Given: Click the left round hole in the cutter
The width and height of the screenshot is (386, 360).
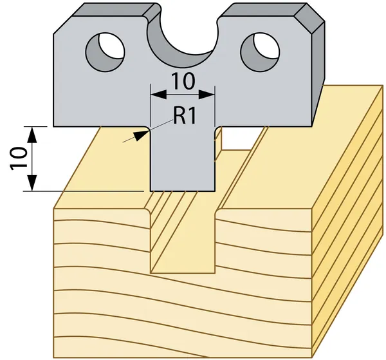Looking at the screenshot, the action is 105,52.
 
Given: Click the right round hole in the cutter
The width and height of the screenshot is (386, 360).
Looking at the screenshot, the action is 260,52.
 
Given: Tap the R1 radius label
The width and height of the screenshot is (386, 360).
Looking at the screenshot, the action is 185,116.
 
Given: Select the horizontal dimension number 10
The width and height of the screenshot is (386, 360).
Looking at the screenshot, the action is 183,81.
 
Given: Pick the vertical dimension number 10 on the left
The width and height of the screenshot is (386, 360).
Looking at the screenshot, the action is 19,158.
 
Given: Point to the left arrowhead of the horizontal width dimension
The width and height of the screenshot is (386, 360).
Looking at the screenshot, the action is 158,95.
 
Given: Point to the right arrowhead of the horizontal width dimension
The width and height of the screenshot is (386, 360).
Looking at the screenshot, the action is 207,95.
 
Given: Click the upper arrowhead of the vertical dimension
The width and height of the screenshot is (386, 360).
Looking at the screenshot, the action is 32,135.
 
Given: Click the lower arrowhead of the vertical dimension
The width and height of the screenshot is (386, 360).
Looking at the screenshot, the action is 32,183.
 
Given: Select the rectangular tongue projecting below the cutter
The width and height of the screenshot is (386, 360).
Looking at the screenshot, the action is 183,159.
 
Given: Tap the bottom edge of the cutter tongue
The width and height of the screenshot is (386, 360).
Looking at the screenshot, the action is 183,191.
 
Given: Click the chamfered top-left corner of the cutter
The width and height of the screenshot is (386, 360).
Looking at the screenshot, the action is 63,25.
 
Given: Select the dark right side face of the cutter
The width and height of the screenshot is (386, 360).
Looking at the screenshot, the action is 318,74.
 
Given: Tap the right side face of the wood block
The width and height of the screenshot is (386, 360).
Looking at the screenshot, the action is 347,222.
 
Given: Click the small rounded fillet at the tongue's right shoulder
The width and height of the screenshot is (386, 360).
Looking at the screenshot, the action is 217,129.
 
